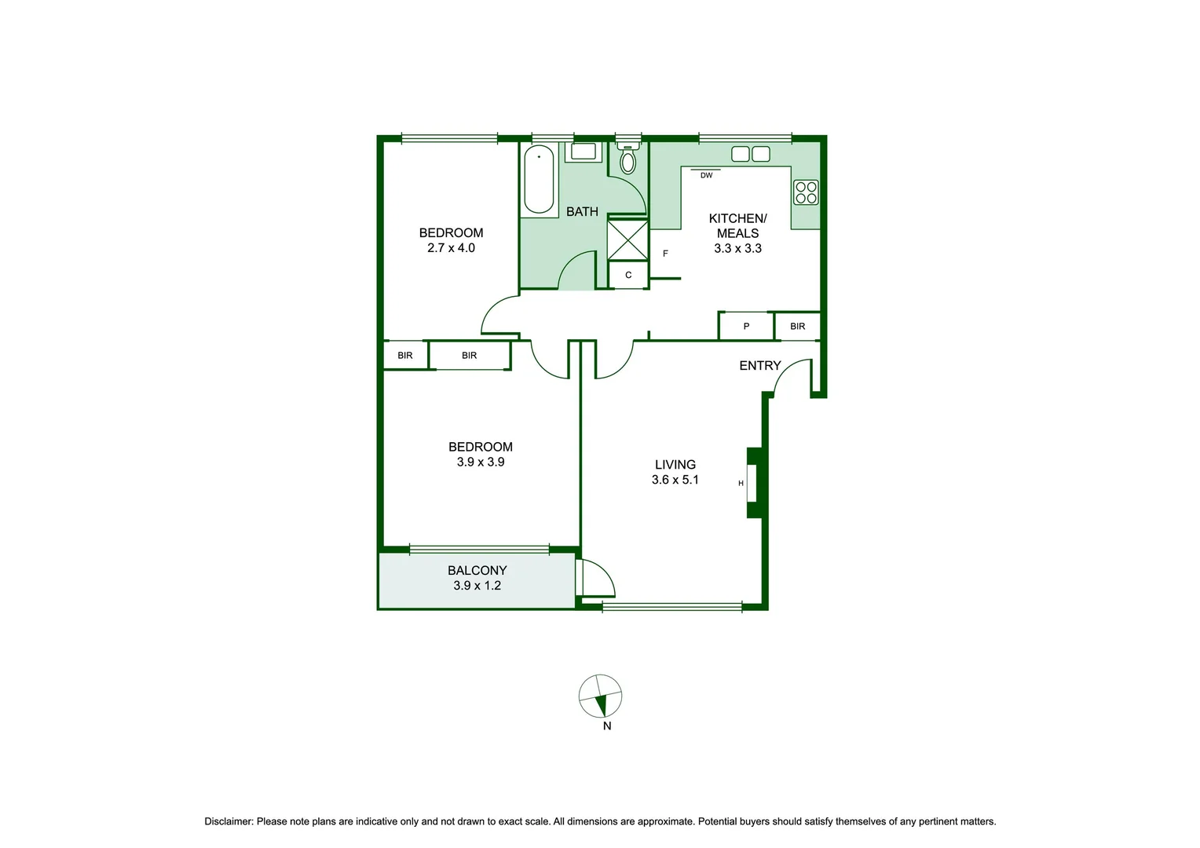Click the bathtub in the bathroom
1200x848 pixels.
(539, 179)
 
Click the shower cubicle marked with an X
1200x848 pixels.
(627, 240)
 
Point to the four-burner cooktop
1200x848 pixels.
(806, 192)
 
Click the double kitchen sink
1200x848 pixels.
(751, 154)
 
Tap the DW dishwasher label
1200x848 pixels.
(706, 175)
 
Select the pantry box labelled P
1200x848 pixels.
(746, 327)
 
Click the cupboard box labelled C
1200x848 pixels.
(628, 275)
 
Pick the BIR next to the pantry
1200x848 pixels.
(797, 327)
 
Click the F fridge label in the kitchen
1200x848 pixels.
(665, 254)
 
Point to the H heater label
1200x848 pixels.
(741, 484)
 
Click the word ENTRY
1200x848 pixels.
(759, 366)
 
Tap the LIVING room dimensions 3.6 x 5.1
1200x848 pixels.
(675, 480)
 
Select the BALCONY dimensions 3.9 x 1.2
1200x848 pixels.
(477, 586)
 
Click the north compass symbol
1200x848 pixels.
(601, 696)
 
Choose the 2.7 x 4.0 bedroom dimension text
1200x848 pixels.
(451, 248)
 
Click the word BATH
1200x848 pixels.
(582, 212)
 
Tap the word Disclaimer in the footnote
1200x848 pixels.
(229, 821)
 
